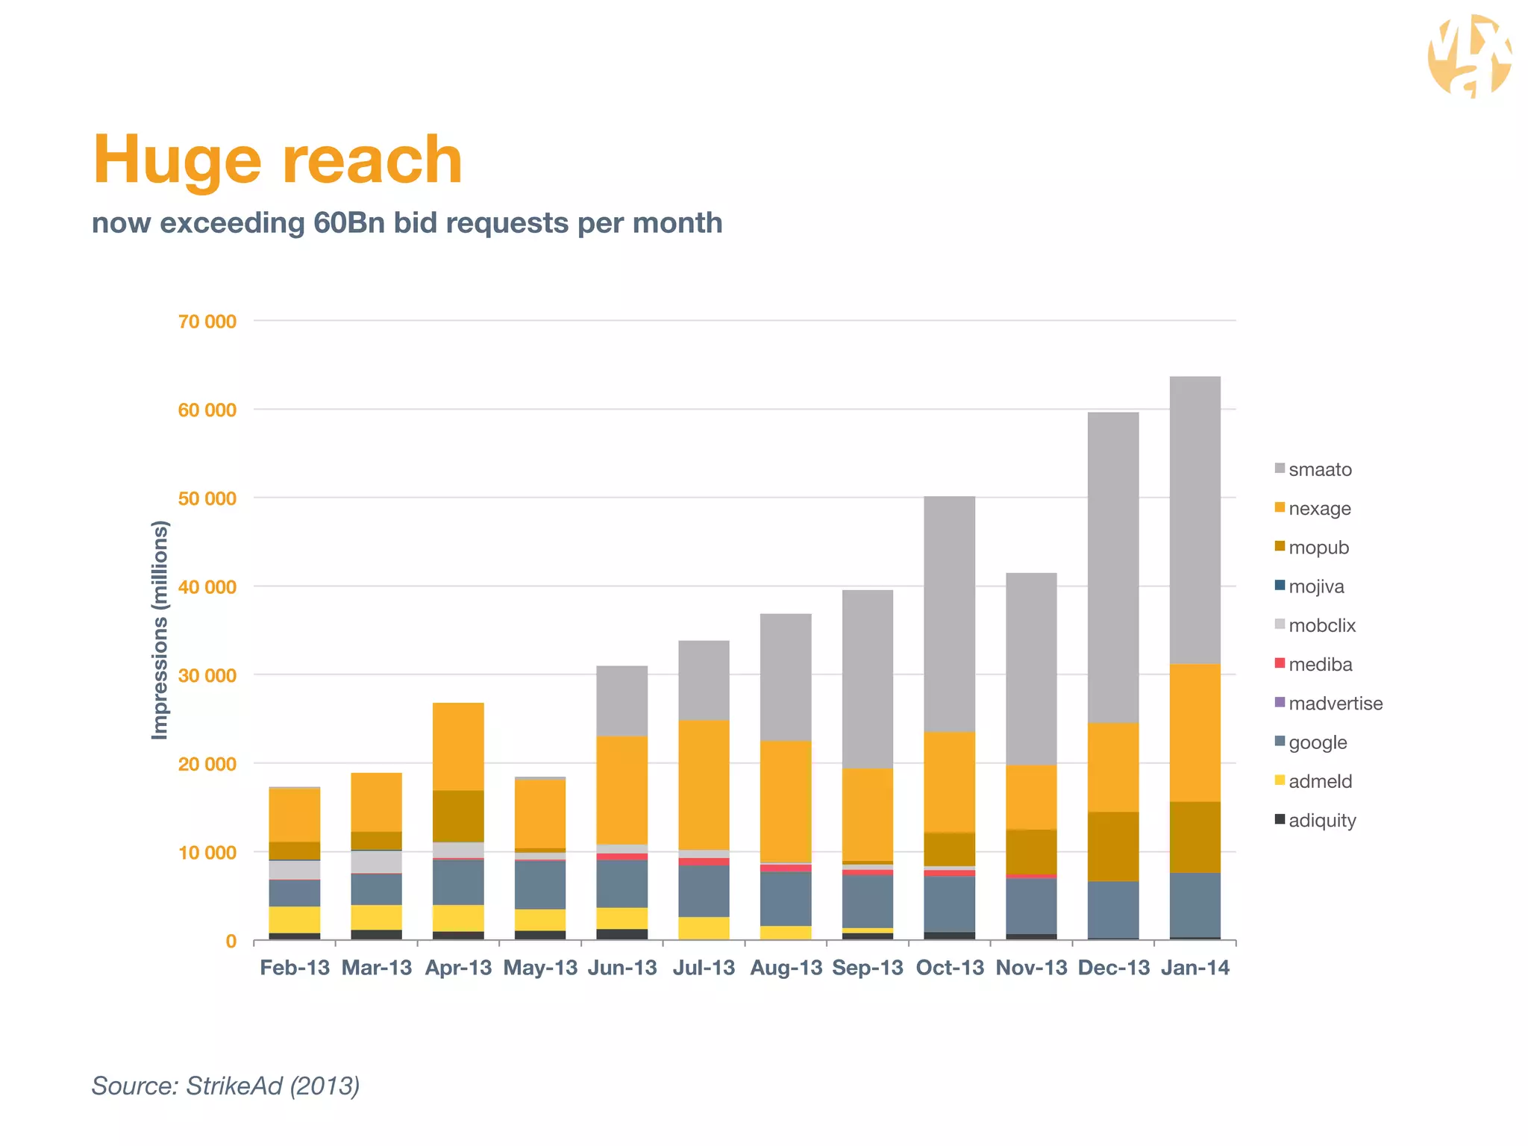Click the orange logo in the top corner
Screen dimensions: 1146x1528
point(1468,57)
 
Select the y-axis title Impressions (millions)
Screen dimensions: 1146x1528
point(160,630)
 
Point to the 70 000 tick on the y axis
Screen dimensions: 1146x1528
point(207,322)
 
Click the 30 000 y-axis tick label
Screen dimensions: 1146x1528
point(207,675)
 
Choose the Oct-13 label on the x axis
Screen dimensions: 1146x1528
point(950,968)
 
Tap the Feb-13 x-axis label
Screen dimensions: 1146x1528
point(295,968)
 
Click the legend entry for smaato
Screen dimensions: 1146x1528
point(1319,469)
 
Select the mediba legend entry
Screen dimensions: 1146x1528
point(1319,664)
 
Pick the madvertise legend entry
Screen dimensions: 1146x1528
point(1334,704)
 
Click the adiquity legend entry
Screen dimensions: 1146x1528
point(1321,821)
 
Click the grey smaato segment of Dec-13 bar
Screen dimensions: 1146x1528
point(1113,567)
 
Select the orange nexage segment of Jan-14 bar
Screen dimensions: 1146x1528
point(1195,733)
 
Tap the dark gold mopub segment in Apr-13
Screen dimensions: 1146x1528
point(458,815)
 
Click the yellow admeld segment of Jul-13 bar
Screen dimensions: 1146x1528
point(704,927)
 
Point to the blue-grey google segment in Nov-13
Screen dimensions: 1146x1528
point(1031,905)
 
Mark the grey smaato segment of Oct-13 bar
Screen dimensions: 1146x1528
point(949,613)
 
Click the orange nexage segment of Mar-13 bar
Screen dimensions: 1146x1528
point(376,802)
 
